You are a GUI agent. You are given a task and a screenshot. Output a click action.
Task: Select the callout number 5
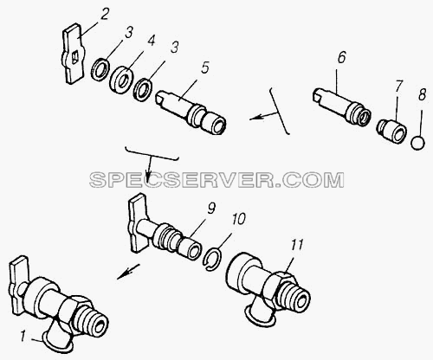click(x=204, y=68)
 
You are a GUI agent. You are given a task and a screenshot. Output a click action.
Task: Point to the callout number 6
click(x=341, y=58)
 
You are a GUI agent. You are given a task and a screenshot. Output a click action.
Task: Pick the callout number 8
click(x=422, y=94)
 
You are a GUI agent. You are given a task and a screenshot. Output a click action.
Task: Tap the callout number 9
click(x=211, y=209)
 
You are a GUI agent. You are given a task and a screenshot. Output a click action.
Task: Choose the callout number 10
click(x=238, y=219)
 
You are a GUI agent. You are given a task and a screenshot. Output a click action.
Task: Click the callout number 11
click(x=298, y=245)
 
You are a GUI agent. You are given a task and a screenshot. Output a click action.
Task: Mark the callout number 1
click(x=23, y=337)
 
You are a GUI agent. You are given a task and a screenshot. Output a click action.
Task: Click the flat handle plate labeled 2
click(x=72, y=54)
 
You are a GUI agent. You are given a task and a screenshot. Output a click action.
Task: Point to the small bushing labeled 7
click(x=391, y=131)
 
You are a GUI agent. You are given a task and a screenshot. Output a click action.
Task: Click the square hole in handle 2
click(x=74, y=56)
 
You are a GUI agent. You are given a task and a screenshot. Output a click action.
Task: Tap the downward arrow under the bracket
click(x=148, y=170)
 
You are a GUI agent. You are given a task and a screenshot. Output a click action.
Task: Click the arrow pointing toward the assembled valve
click(x=128, y=272)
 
